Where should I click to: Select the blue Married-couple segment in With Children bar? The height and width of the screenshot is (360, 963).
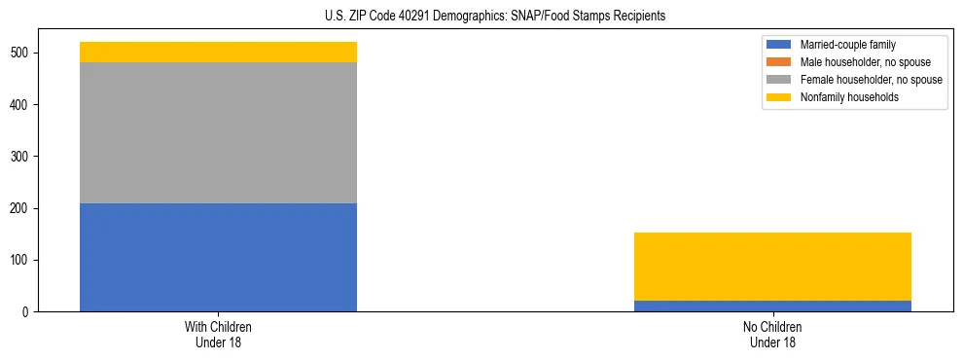tap(218, 257)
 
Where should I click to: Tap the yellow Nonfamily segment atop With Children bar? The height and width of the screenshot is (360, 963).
tap(218, 52)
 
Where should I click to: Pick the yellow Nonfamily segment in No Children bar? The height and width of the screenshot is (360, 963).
tap(772, 267)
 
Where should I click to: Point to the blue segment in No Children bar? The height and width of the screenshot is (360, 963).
tap(772, 306)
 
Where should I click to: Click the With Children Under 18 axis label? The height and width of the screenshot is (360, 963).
tap(218, 335)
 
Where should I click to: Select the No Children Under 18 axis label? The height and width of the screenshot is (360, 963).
tap(772, 335)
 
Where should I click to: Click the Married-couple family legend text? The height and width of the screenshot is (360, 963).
tap(847, 45)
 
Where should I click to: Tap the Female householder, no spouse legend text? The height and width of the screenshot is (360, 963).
tap(871, 80)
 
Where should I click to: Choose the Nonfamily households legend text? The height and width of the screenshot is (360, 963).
tap(849, 97)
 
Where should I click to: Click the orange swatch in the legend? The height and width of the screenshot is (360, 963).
tap(779, 62)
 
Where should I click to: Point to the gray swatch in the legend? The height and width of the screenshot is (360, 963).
tap(779, 80)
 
